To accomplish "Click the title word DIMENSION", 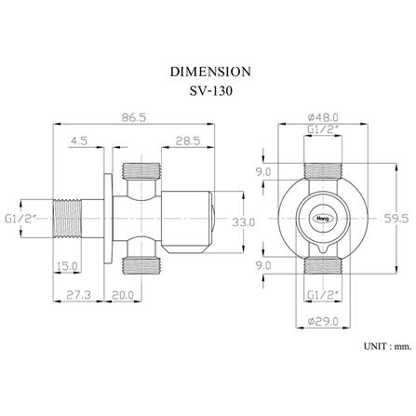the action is (210, 72).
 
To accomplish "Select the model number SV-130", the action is (210, 91).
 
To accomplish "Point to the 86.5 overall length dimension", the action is (134, 117).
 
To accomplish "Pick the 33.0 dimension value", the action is (244, 221).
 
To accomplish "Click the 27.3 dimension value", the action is (78, 294).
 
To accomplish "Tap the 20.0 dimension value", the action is (123, 294).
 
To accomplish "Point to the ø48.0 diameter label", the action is (323, 117).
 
